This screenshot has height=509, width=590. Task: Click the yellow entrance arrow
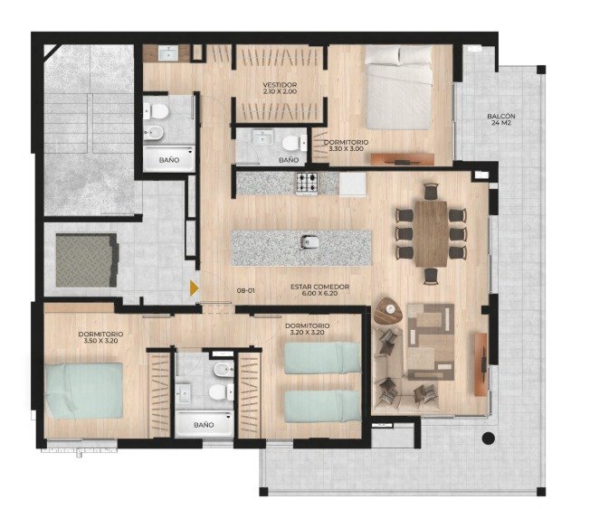click(194, 288)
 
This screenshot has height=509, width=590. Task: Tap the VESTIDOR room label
click(280, 85)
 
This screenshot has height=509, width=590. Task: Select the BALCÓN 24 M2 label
click(500, 119)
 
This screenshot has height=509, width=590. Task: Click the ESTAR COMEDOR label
click(319, 287)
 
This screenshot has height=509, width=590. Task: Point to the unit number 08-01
click(246, 290)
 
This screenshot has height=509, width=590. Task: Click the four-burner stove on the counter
click(307, 183)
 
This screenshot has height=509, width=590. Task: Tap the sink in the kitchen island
click(309, 242)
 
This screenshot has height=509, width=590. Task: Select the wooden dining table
click(432, 234)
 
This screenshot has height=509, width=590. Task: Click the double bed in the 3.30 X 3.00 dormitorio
click(398, 87)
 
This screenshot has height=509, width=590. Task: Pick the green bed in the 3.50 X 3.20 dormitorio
click(83, 391)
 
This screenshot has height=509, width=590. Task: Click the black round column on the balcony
click(489, 438)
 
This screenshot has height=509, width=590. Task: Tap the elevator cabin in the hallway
click(87, 260)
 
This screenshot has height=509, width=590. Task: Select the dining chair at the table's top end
click(432, 192)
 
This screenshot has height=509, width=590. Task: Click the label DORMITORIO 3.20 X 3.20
click(308, 329)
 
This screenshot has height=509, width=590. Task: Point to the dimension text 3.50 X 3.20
click(100, 341)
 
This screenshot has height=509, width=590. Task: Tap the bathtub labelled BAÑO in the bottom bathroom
click(205, 424)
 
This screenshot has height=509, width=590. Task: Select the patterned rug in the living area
click(432, 342)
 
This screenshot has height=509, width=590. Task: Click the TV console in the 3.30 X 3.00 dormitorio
click(403, 159)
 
